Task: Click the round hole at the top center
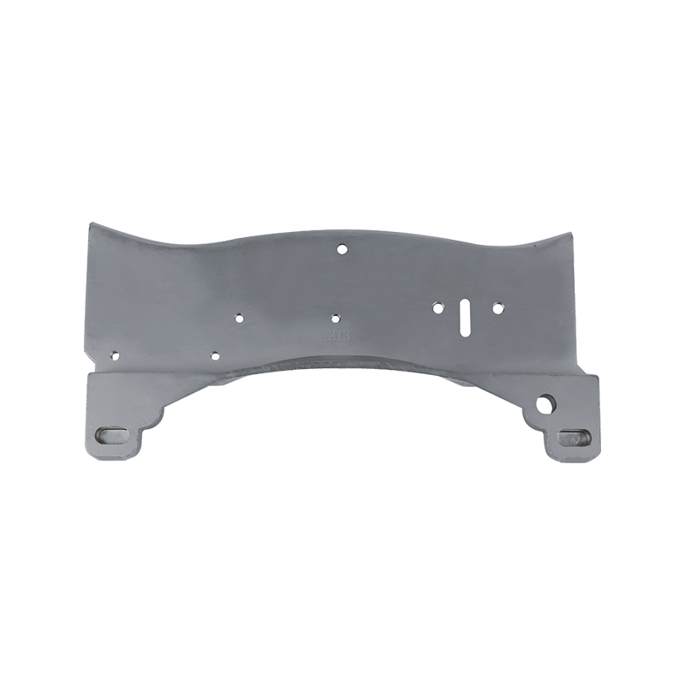click(342, 249)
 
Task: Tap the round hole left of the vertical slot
click(438, 306)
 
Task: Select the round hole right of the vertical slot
click(497, 305)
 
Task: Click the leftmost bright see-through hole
click(239, 318)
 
